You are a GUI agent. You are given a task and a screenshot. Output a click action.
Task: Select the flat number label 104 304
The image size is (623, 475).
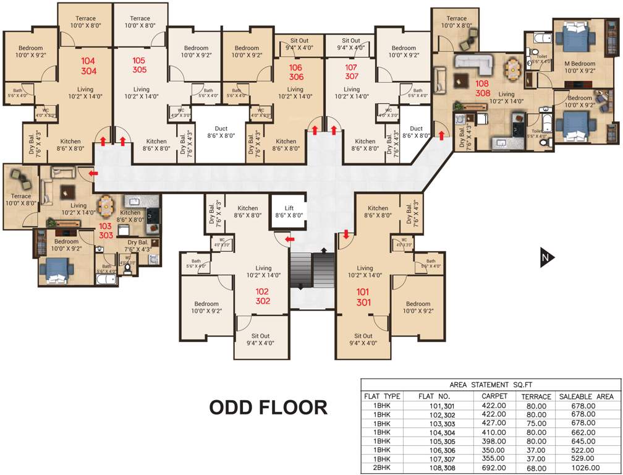click(x=88, y=66)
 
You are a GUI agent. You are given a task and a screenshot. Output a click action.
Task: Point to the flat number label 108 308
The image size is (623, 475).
click(x=483, y=87)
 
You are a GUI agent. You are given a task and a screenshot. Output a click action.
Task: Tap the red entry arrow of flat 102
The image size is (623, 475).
click(x=289, y=239)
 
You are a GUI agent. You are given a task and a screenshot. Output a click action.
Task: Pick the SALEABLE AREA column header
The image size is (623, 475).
click(x=586, y=396)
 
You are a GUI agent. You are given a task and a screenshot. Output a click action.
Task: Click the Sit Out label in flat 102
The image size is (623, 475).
click(x=260, y=339)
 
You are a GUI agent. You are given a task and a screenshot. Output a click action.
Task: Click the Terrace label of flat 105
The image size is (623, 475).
click(x=140, y=22)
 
